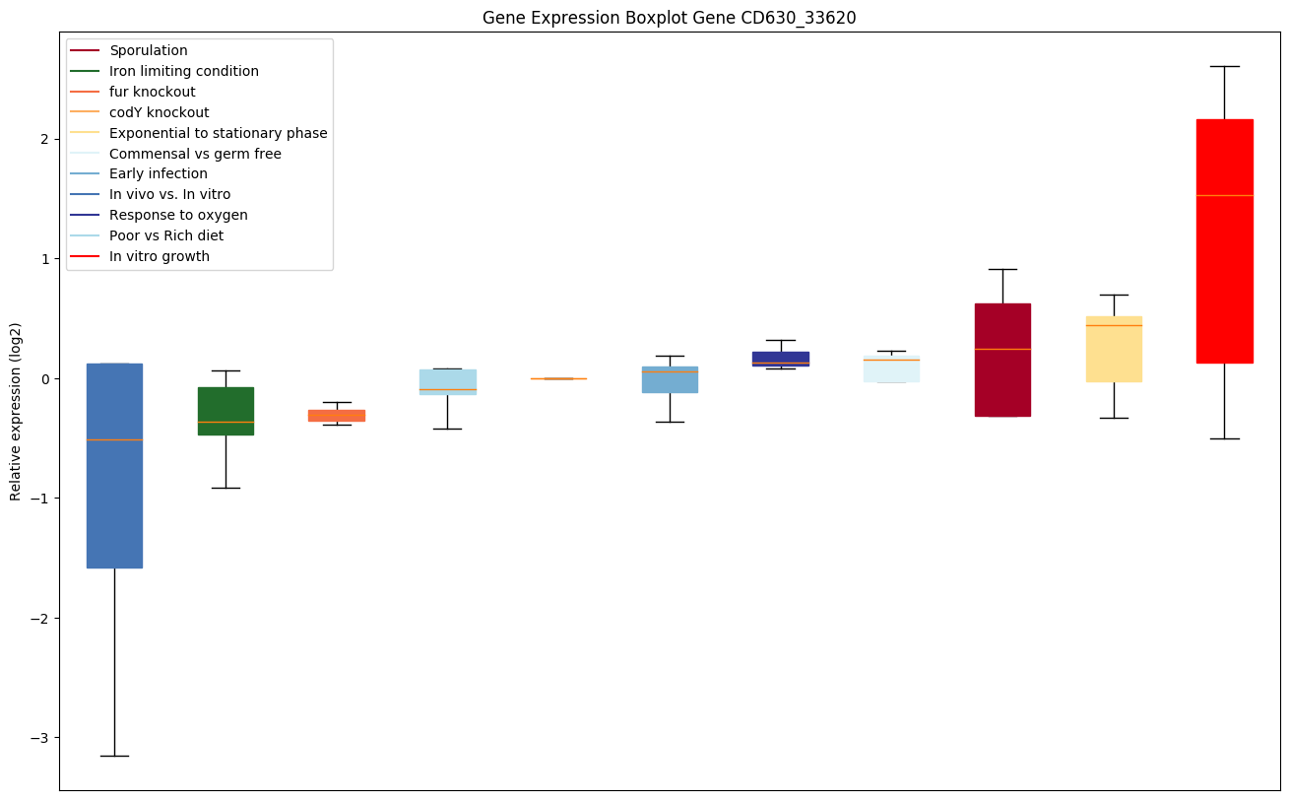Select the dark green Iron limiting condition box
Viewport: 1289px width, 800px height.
pos(226,411)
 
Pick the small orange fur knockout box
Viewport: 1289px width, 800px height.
pos(337,416)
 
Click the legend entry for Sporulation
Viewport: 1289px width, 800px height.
pos(149,50)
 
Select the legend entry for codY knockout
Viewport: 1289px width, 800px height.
pos(159,112)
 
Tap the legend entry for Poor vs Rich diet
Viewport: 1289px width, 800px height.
pos(166,235)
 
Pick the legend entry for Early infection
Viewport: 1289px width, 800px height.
pos(159,174)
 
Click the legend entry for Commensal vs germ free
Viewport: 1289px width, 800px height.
pos(195,154)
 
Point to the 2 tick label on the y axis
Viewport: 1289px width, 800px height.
pos(45,139)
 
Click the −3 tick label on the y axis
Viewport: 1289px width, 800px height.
pos(41,738)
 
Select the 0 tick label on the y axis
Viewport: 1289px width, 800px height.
pos(45,378)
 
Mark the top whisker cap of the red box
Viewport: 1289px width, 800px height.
pos(1224,66)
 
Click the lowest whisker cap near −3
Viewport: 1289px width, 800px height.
pos(114,756)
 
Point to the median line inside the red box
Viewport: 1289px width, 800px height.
pos(1224,195)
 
